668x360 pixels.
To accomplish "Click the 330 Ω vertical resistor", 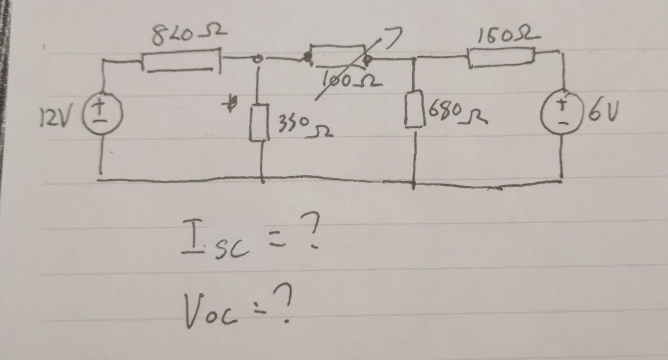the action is point(259,123).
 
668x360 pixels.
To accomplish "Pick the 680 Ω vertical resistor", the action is point(415,110).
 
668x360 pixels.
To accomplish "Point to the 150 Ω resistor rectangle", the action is point(501,56).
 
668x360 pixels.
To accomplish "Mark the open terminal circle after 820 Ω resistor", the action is point(259,59).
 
